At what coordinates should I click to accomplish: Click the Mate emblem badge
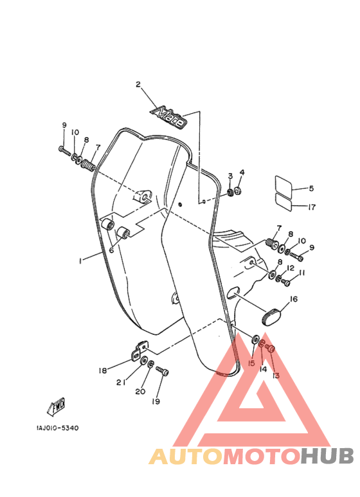[168, 116]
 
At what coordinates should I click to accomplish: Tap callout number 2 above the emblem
[138, 85]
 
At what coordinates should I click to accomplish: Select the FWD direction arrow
[57, 406]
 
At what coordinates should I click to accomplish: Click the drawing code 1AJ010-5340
[57, 428]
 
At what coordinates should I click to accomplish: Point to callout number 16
[293, 299]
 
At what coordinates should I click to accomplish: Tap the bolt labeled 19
[162, 371]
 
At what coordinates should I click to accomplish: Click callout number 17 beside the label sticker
[312, 206]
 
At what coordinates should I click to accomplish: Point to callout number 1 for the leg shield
[80, 260]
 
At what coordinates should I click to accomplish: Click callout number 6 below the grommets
[111, 250]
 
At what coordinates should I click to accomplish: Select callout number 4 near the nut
[242, 172]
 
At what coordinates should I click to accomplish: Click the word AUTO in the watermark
[186, 456]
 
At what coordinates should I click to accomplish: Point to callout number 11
[301, 273]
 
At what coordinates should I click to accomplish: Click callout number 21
[120, 383]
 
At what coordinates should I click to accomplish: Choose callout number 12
[291, 268]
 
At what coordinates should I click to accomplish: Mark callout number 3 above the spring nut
[230, 176]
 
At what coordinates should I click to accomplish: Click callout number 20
[140, 392]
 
